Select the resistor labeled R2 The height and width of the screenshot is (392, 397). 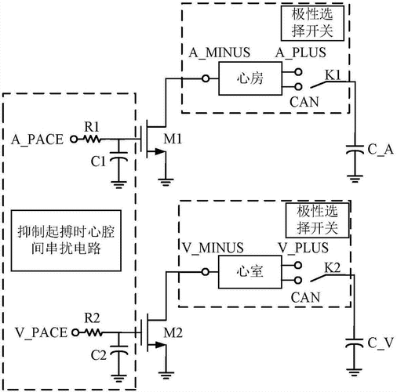coord(91,332)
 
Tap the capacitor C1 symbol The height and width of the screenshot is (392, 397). coord(119,161)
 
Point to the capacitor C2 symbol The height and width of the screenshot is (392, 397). coord(119,354)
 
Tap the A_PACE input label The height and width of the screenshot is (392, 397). coord(38,139)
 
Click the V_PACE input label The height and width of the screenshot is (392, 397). coord(39,332)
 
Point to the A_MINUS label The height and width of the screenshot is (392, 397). coord(219,53)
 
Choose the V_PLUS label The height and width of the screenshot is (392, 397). coord(301,247)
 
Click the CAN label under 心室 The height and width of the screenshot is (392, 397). coord(304,297)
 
